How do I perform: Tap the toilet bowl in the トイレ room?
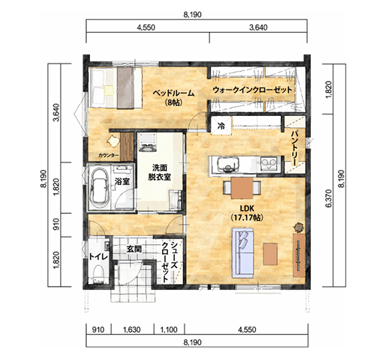coord(99,274)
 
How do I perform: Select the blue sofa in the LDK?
coord(243,253)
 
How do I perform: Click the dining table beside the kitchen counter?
coord(242,188)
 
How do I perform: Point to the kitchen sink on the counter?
coord(228,165)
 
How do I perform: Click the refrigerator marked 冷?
coord(221,125)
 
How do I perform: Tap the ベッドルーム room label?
coord(173,97)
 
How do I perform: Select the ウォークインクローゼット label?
coord(252,90)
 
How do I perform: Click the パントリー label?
coord(294,148)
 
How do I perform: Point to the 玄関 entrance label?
coord(134,249)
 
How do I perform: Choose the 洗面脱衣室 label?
coord(159,173)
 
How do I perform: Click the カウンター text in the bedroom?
coord(109,155)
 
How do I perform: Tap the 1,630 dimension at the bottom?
coord(132,330)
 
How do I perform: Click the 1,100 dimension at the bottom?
coord(169,330)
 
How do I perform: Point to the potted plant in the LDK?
coord(299,227)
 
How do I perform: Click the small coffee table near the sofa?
coord(270,254)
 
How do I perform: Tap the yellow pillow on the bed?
coord(109,90)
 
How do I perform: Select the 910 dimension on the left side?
coord(56,224)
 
